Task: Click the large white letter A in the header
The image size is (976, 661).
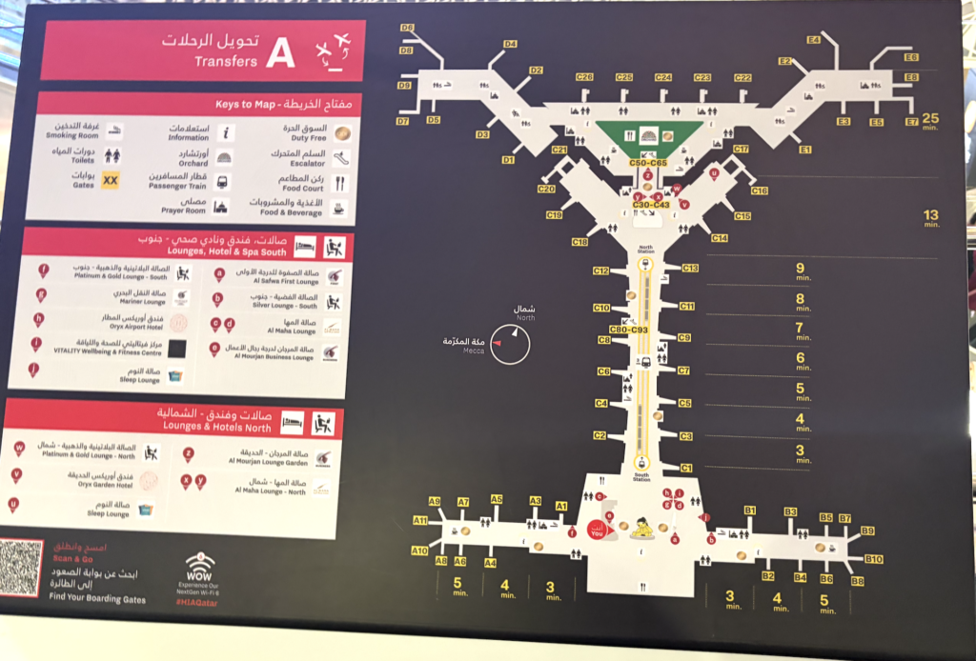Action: coord(279,54)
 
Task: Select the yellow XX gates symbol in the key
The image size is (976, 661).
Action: coord(111,179)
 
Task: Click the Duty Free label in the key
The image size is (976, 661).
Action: coord(309,138)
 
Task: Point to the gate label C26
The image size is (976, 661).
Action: coord(584,77)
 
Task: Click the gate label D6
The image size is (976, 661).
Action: coord(407,29)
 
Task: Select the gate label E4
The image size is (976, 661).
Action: coord(813,40)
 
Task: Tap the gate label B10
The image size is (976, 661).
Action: coord(873,559)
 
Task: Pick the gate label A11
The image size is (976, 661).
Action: coord(420,520)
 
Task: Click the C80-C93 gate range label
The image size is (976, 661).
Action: coord(628,330)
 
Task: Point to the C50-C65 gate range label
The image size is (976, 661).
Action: coord(648,164)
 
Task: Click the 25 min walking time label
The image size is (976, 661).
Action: coord(930,120)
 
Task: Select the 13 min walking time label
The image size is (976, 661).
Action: coord(930,218)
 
